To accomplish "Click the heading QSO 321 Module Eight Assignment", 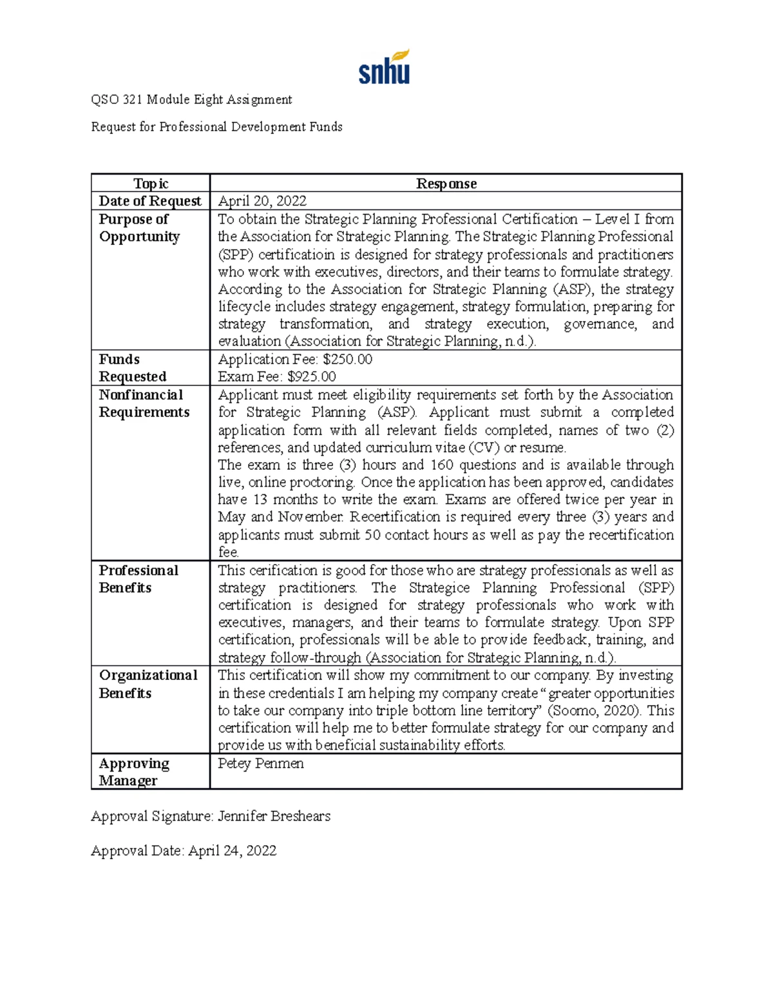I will pyautogui.click(x=191, y=99).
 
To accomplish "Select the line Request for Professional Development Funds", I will pyautogui.click(x=216, y=127).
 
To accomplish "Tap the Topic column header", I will pyautogui.click(x=150, y=184).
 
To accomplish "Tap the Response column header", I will pyautogui.click(x=446, y=184).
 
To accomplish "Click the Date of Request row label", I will pyautogui.click(x=150, y=201).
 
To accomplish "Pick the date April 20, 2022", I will pyautogui.click(x=262, y=201).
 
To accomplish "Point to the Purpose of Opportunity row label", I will pyautogui.click(x=139, y=228).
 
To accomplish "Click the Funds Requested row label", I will pyautogui.click(x=132, y=368).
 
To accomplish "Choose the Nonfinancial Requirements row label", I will pyautogui.click(x=144, y=403).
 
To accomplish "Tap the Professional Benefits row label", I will pyautogui.click(x=138, y=579).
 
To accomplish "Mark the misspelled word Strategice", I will pyautogui.click(x=439, y=588).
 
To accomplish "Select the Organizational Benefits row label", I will pyautogui.click(x=148, y=684).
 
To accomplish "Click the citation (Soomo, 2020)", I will pyautogui.click(x=594, y=711).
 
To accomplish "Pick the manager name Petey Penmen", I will pyautogui.click(x=261, y=764).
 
